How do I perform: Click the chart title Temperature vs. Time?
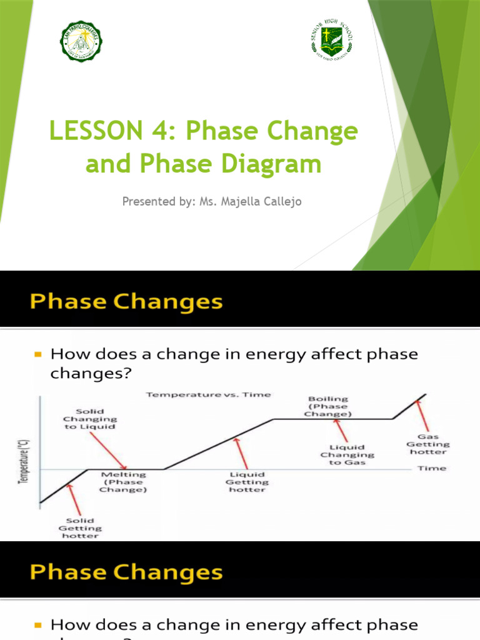coord(208,394)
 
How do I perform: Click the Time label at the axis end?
coord(432,468)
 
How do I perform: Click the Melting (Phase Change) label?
coord(123,482)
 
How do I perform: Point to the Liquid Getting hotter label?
coord(247,482)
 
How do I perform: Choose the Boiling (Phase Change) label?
coord(328,406)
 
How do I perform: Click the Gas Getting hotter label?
coord(428,444)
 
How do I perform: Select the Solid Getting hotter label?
coord(80,527)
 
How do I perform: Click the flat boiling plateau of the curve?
coord(331,419)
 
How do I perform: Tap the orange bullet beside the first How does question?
coord(37,354)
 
